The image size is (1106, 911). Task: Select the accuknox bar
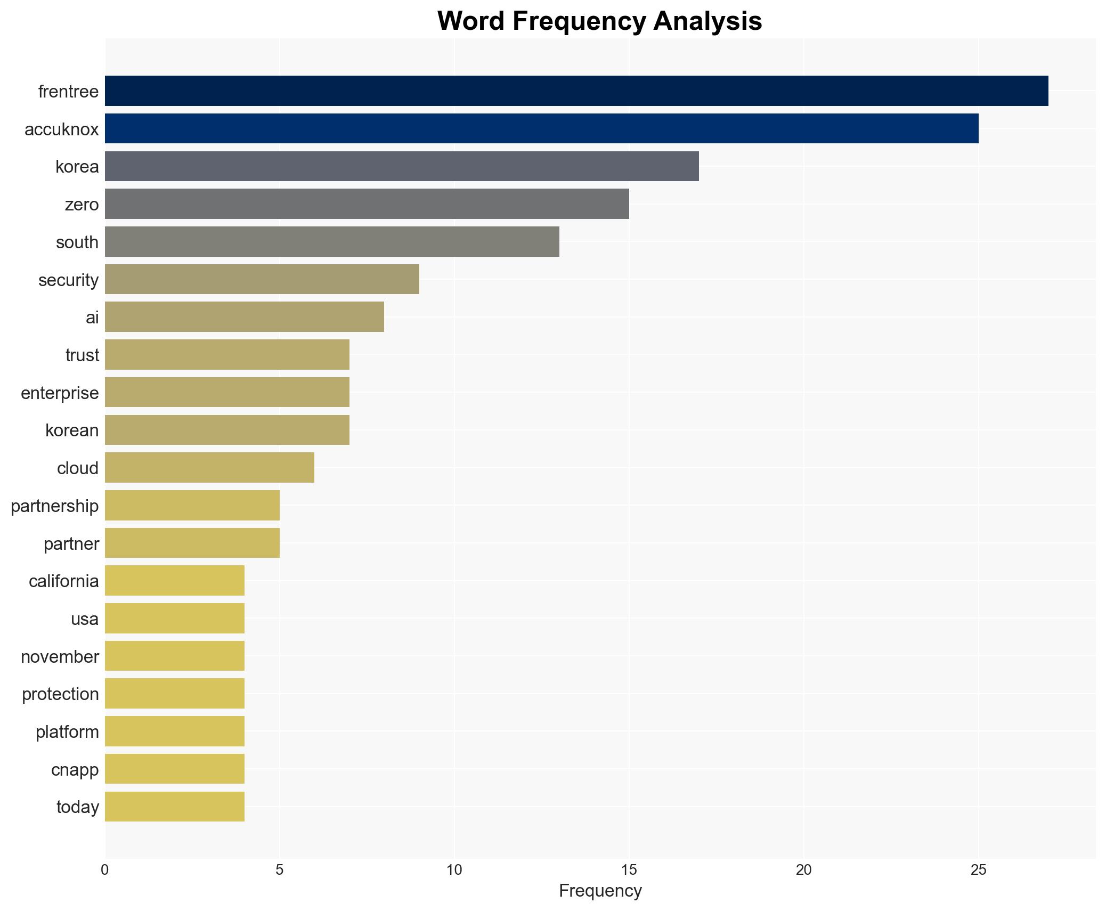541,128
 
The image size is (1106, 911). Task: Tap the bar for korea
401,166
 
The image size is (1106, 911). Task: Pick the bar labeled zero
367,204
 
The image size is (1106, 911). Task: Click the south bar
331,242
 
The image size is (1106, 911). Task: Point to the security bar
262,279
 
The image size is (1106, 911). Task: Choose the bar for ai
244,317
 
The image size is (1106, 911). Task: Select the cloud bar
209,468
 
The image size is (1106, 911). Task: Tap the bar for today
174,807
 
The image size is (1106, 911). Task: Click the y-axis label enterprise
60,393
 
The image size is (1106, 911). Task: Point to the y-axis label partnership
55,506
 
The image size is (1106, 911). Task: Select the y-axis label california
63,581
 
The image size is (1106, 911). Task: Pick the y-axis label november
60,657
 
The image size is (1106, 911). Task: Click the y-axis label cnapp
75,770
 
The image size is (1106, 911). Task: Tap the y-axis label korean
72,430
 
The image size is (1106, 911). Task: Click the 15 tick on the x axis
629,870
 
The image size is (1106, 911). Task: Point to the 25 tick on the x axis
978,870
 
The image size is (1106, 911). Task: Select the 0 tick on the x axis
105,870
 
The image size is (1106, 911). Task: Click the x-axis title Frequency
600,891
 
